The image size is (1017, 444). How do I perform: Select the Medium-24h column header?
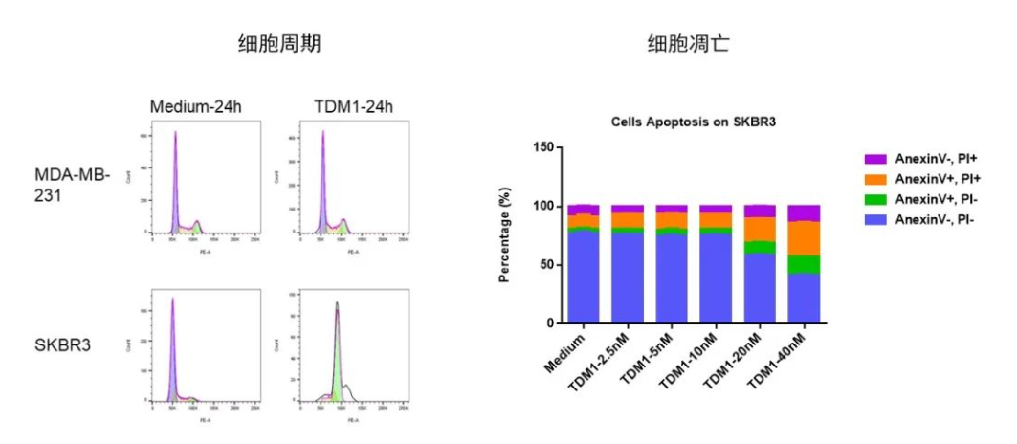click(x=195, y=105)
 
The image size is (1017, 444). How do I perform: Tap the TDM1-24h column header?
click(x=353, y=105)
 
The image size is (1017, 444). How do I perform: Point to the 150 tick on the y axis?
click(x=542, y=147)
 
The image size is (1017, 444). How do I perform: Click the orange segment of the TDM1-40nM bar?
click(x=804, y=238)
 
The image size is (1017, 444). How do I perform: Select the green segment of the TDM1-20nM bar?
click(x=760, y=247)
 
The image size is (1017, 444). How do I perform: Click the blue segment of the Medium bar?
click(x=584, y=277)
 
